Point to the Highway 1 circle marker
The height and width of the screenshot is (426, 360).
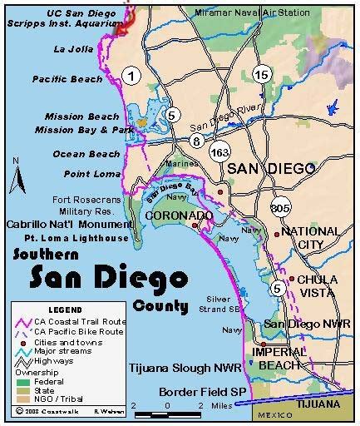(x=130, y=76)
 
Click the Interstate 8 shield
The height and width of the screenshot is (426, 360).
(x=196, y=141)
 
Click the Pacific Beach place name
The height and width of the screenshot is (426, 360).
(x=67, y=79)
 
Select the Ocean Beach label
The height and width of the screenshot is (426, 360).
(x=70, y=154)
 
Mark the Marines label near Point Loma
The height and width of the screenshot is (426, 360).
(x=177, y=163)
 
